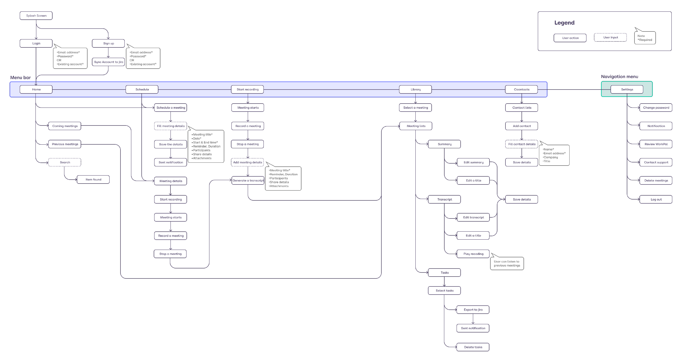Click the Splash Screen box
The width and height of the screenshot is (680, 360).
point(36,16)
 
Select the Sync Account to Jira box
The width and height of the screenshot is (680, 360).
point(108,62)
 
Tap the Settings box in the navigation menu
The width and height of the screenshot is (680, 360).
point(627,89)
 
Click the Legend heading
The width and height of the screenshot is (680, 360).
point(564,23)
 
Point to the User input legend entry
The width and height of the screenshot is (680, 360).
point(610,37)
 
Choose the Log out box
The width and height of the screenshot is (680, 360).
point(656,200)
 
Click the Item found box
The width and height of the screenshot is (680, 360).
point(93,180)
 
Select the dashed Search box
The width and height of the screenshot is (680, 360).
point(65,162)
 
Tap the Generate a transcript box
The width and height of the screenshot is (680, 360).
point(248,180)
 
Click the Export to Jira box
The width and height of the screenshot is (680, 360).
point(473,310)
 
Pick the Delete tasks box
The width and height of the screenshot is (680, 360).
point(473,347)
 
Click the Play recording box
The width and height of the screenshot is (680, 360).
point(473,254)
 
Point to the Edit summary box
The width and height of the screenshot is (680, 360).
point(473,162)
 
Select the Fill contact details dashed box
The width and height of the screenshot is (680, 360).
point(522,144)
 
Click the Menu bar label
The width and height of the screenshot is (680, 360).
point(20,77)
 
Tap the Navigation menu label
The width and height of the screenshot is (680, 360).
point(619,77)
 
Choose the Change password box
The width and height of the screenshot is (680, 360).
point(656,108)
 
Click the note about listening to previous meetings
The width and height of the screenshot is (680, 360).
point(507,264)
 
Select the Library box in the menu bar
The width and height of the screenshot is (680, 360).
point(415,89)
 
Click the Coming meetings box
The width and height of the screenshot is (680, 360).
point(65,126)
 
